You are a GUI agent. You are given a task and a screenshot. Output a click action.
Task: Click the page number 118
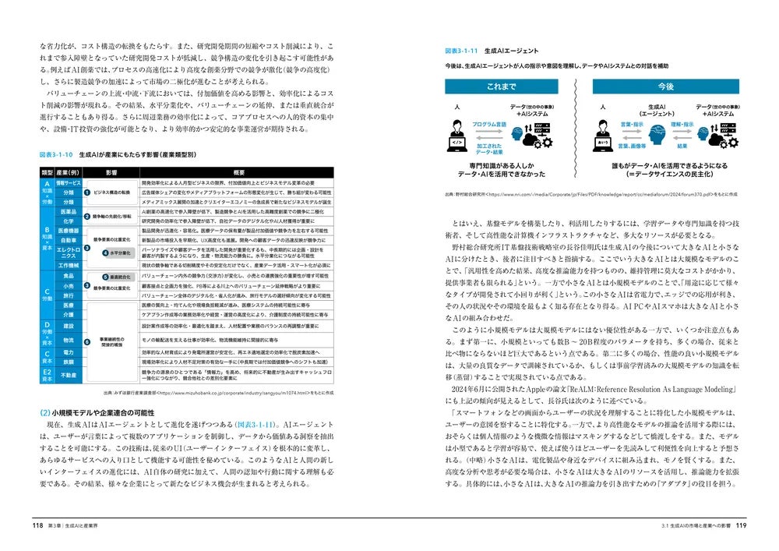pos(37,525)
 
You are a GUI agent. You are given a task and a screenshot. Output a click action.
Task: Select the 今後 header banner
pos(664,87)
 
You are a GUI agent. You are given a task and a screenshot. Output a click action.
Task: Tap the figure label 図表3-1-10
pos(55,155)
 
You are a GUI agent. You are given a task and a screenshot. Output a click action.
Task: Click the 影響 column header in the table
pos(110,171)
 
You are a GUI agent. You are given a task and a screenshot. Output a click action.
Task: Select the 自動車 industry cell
pos(69,241)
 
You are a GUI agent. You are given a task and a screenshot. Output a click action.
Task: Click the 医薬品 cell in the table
pos(69,211)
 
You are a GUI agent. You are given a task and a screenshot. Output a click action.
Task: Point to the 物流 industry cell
pos(69,340)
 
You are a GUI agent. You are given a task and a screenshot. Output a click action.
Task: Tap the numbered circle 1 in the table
pos(87,192)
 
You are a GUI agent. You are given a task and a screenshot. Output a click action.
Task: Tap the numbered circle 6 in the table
pos(87,339)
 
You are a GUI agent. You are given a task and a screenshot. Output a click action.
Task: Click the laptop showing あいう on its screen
pos(604,143)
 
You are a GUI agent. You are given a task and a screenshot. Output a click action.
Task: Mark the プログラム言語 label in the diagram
pos(488,125)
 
